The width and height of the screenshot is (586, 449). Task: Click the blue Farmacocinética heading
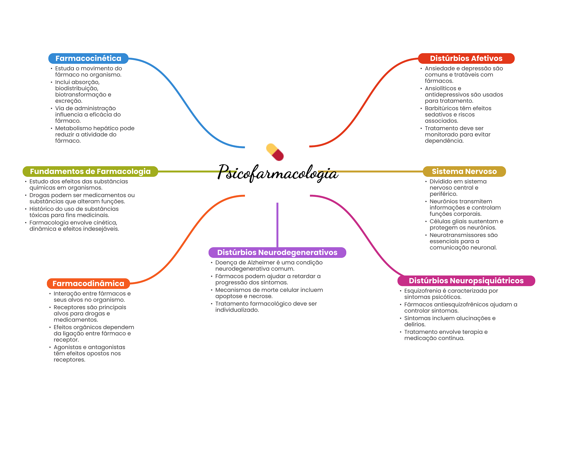tap(88, 58)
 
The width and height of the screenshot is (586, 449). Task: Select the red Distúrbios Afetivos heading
tap(466, 58)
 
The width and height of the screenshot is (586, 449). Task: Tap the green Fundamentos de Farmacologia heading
tap(90, 171)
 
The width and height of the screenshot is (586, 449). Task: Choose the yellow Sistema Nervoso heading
tap(464, 171)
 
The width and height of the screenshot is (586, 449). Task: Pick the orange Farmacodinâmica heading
tap(88, 284)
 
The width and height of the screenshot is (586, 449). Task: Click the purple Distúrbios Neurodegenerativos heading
tap(277, 252)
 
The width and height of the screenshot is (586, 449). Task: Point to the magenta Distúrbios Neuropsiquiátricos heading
tap(466, 281)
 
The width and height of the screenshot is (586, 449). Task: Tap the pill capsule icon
tap(275, 152)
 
